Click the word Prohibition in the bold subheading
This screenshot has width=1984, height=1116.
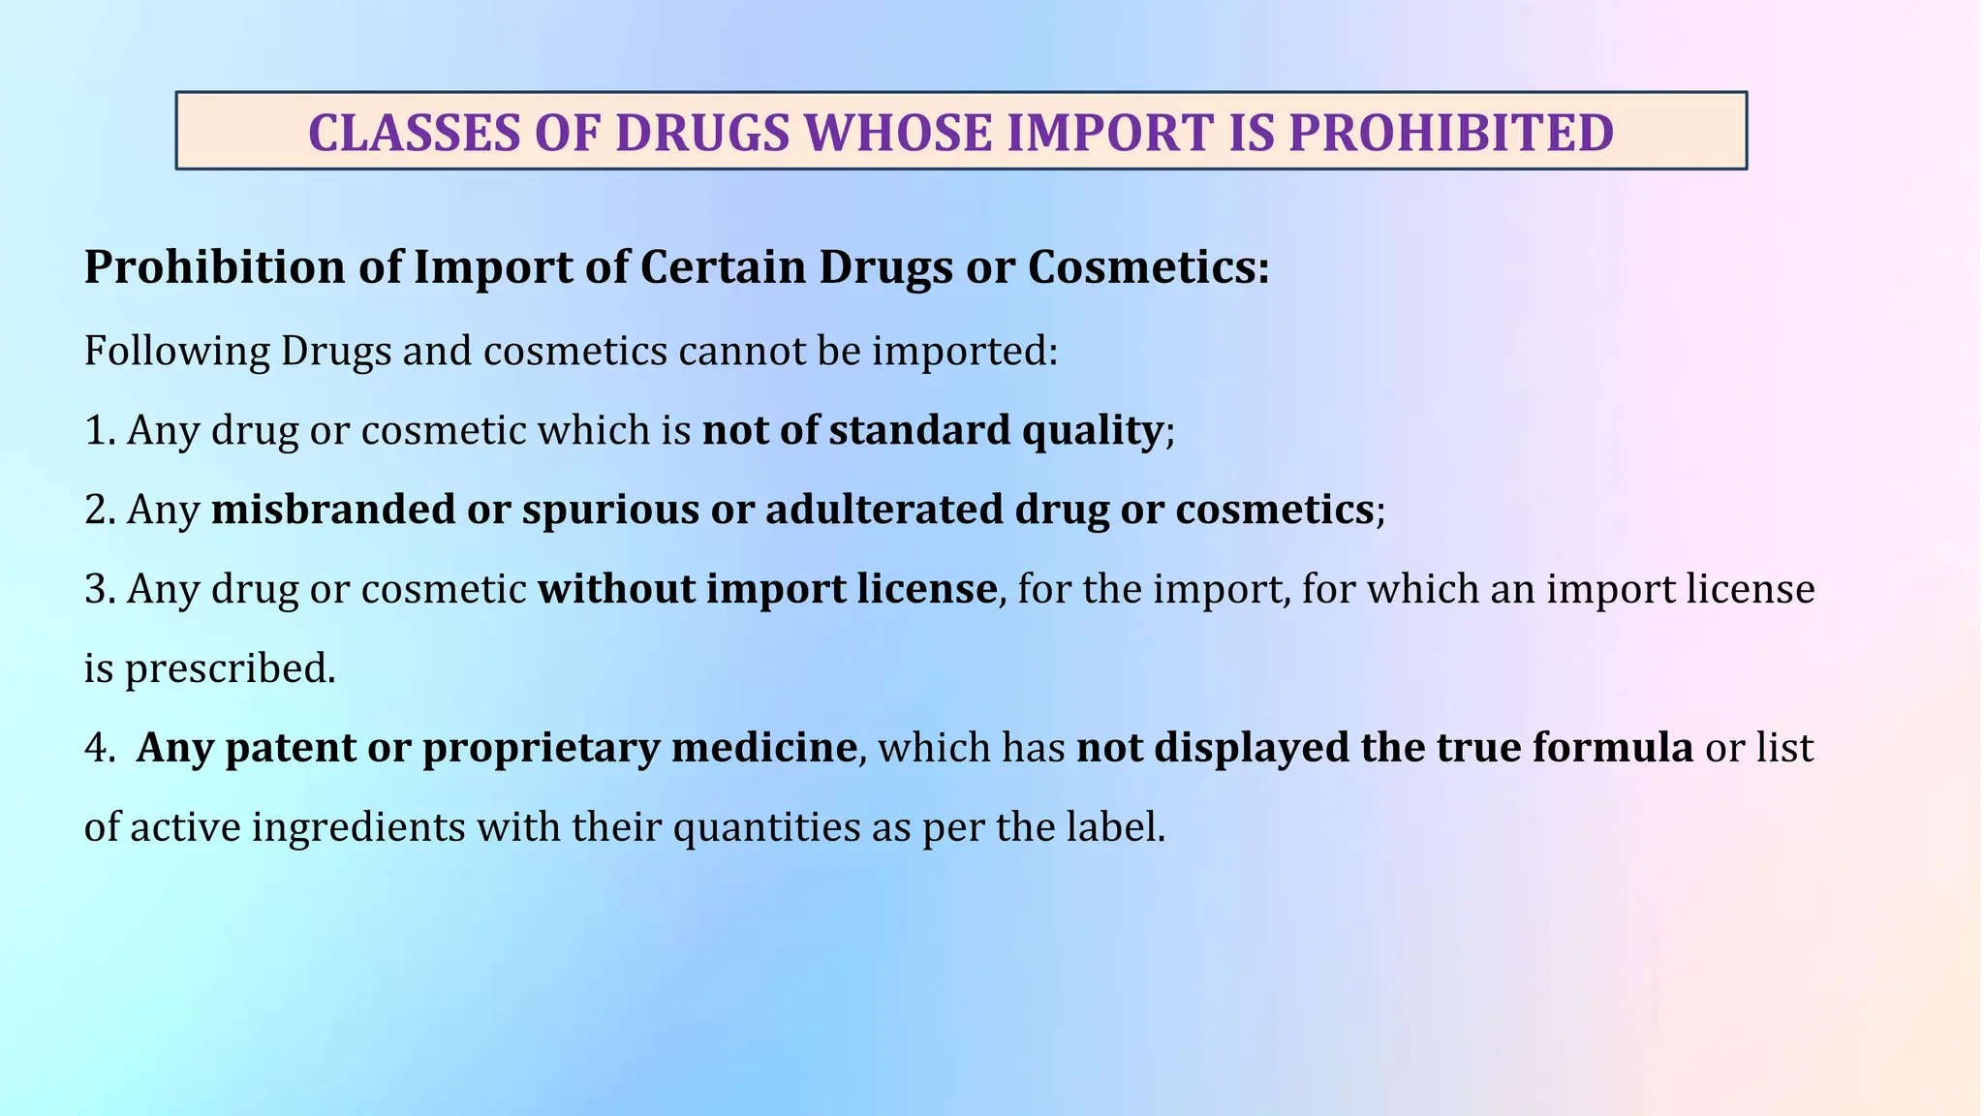(x=214, y=267)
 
